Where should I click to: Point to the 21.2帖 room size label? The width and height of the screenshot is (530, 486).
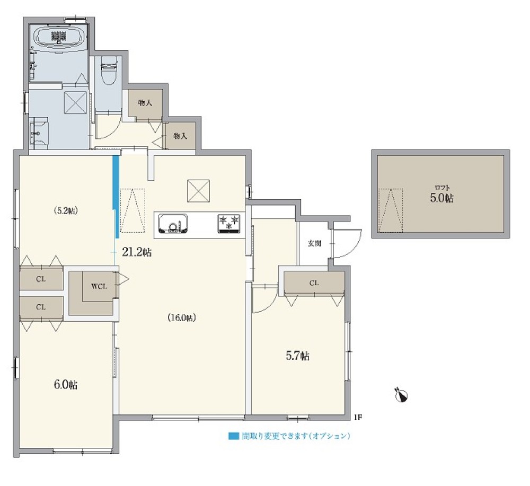point(137,253)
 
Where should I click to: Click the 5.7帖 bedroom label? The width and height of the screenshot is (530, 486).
point(298,356)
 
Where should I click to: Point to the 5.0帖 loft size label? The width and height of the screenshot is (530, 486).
point(441,198)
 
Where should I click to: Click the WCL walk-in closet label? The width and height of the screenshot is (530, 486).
point(99,287)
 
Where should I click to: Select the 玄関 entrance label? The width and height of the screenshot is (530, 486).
point(314,244)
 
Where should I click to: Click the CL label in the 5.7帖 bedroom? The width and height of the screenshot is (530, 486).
point(314,283)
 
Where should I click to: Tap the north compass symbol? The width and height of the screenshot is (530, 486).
point(402,395)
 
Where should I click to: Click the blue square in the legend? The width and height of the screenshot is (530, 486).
point(232,436)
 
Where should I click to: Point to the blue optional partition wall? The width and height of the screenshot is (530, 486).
point(116,196)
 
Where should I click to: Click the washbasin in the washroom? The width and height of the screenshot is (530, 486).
point(39,130)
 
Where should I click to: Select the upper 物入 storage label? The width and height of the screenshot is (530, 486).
point(145,102)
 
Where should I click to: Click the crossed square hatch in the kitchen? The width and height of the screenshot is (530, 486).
point(198,191)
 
